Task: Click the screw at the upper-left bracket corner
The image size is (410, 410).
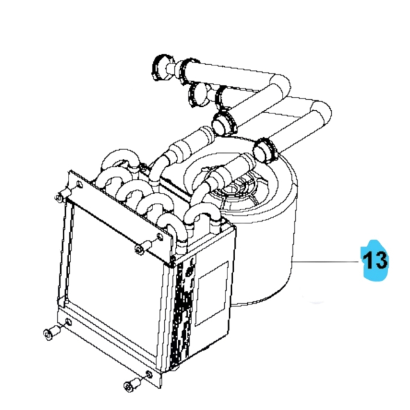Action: click(61, 197)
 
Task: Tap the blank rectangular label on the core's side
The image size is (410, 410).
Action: click(211, 291)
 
